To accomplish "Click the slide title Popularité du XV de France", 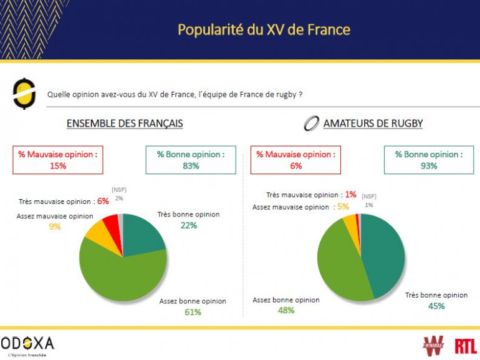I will pos(264,30).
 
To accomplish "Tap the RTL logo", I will pos(466,345).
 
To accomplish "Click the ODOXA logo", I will pos(28,344).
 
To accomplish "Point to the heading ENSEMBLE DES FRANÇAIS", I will pos(125,124).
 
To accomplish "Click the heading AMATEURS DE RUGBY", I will pos(373,124).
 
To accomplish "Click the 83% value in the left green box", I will pos(191,166).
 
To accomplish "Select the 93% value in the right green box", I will pos(429,166).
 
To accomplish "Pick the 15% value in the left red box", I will pos(59,166).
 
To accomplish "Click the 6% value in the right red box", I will pos(296,166).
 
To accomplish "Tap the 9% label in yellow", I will pos(55,226).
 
